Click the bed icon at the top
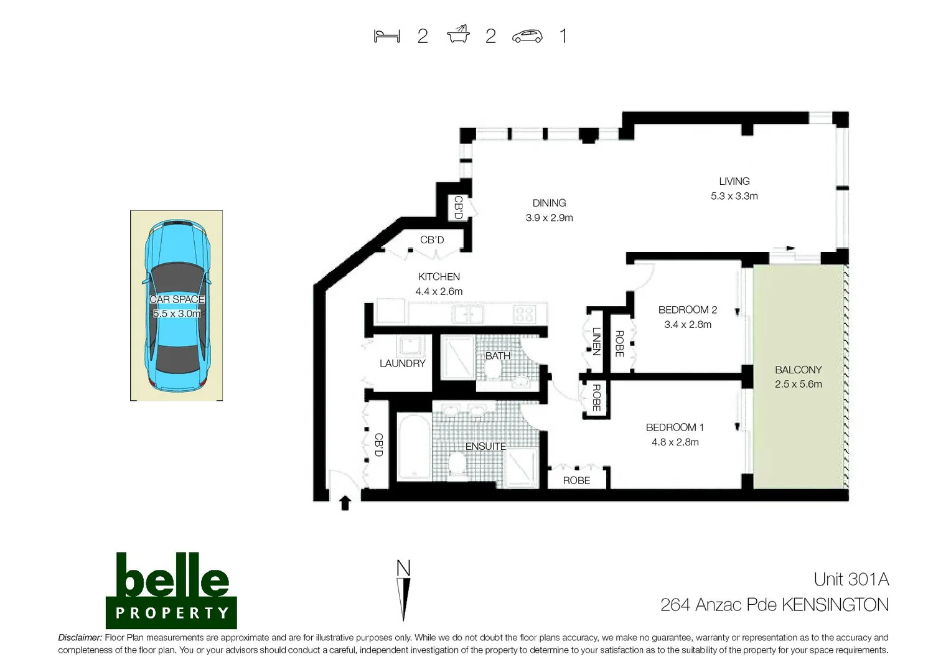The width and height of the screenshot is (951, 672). tap(386, 36)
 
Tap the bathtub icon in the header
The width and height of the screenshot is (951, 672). tap(458, 35)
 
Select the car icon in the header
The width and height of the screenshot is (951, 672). tap(527, 37)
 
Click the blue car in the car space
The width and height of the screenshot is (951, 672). tap(177, 305)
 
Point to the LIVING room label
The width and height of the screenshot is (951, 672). tap(734, 181)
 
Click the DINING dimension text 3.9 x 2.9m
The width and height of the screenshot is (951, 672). tap(549, 218)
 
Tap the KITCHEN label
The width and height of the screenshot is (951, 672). tap(439, 276)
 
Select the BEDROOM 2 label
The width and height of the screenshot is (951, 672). tap(687, 309)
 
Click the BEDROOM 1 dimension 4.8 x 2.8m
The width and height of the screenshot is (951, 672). tap(675, 442)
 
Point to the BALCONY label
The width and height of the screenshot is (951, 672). tap(798, 370)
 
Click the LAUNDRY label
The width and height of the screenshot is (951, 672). tap(402, 363)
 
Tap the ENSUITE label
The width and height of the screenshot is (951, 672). tap(485, 446)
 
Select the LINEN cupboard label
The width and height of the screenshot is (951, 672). tap(596, 341)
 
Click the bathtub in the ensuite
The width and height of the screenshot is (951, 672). tap(413, 447)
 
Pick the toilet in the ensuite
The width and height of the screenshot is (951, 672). tap(457, 464)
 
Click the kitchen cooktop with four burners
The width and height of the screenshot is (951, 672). tap(524, 314)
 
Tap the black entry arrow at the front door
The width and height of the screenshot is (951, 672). tap(345, 503)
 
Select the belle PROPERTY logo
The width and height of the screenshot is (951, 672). tap(171, 590)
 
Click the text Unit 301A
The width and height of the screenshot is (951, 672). tap(851, 579)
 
